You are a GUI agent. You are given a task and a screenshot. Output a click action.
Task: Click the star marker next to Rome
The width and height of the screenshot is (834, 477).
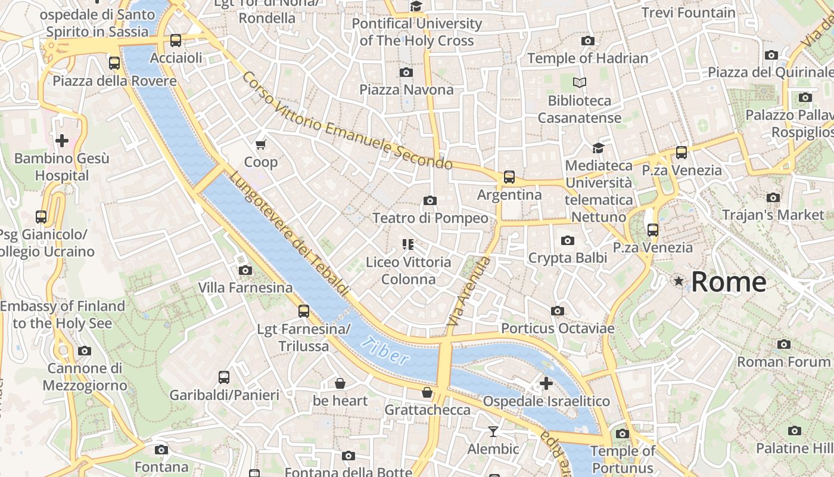click(678, 281)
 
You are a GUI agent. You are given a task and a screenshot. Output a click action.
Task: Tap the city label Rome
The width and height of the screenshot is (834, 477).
click(729, 281)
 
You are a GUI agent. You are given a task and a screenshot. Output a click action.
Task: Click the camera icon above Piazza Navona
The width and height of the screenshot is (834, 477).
click(406, 72)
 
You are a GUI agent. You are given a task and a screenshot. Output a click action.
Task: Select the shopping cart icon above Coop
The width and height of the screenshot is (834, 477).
click(260, 144)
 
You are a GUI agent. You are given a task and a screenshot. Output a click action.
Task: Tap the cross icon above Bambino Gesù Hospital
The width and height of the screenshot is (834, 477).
click(61, 141)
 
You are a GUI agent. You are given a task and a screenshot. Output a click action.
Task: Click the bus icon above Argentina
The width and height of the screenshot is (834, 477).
click(509, 176)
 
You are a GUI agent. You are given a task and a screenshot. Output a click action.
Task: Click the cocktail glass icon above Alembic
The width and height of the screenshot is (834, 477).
click(493, 431)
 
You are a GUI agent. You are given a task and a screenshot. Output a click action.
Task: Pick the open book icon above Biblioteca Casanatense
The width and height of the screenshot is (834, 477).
click(579, 83)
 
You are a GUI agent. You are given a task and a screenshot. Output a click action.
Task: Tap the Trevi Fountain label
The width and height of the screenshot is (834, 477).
click(688, 13)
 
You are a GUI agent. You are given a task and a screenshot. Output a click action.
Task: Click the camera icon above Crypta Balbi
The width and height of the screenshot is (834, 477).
click(567, 240)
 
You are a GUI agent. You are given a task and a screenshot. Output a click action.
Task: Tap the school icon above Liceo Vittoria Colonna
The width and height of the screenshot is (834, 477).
click(408, 244)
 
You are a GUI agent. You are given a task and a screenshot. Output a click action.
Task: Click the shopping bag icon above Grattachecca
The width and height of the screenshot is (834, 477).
click(427, 392)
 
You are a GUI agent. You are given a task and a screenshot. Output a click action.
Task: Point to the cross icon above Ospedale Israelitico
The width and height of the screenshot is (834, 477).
click(546, 383)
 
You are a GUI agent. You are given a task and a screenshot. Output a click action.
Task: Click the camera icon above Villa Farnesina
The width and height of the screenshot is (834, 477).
click(245, 270)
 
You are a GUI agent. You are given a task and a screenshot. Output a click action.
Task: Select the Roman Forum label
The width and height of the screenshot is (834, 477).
click(784, 361)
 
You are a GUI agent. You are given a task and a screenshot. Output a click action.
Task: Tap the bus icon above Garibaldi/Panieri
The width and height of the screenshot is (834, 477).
click(224, 377)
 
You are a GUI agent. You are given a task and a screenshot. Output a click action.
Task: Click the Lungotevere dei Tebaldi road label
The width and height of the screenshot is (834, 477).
click(289, 233)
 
